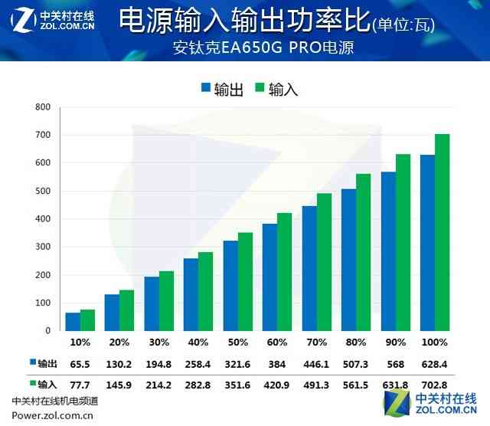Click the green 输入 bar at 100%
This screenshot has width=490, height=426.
pyautogui.click(x=443, y=233)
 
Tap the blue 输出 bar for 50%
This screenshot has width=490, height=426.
pyautogui.click(x=230, y=286)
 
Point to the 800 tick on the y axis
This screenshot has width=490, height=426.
pyautogui.click(x=43, y=107)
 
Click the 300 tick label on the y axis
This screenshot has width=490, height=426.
pyautogui.click(x=43, y=247)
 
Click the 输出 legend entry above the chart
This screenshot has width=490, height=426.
pyautogui.click(x=222, y=89)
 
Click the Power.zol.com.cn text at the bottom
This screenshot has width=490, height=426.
pyautogui.click(x=52, y=417)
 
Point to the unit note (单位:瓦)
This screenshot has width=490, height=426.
pyautogui.click(x=403, y=25)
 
